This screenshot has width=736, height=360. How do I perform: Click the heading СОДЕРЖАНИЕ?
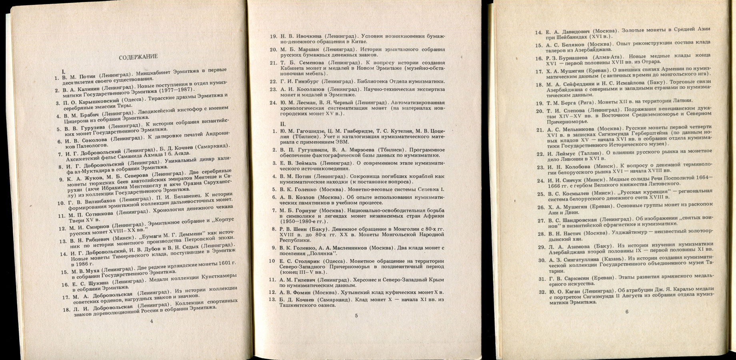click(138, 56)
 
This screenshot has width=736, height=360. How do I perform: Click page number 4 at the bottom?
click(151, 321)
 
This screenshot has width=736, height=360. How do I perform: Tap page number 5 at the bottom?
click(356, 316)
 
